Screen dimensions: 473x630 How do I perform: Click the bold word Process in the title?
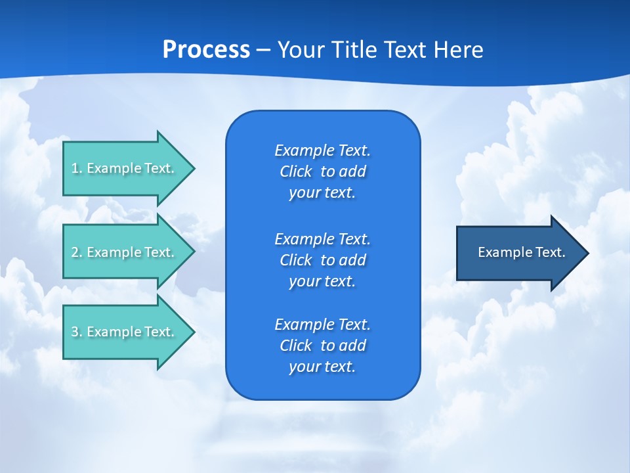[x=206, y=49]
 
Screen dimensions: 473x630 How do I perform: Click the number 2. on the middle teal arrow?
[x=76, y=252]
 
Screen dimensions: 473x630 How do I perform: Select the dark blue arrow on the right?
[x=518, y=253]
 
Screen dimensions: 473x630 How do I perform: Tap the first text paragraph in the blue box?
[x=322, y=171]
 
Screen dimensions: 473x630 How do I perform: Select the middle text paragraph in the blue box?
[x=322, y=260]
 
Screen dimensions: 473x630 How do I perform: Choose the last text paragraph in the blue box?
[x=322, y=346]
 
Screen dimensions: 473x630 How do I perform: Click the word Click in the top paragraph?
[x=295, y=171]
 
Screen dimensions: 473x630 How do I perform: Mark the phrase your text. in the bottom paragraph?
[x=322, y=367]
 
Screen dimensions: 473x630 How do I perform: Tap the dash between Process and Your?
[x=263, y=50]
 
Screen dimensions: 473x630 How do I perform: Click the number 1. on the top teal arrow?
[x=76, y=168]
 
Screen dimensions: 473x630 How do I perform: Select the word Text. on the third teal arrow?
[x=159, y=332]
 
